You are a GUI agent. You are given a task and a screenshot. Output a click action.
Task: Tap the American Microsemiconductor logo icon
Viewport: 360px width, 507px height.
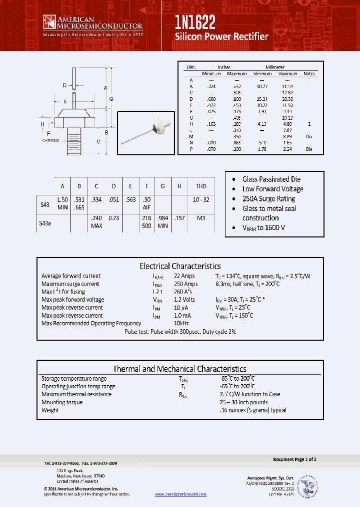pyautogui.click(x=48, y=22)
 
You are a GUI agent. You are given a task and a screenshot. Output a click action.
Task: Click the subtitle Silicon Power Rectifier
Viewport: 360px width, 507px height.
pyautogui.click(x=221, y=37)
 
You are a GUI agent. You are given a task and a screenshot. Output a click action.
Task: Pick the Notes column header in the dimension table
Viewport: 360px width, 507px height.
pyautogui.click(x=309, y=74)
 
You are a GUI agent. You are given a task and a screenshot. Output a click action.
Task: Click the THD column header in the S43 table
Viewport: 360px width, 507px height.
pyautogui.click(x=201, y=186)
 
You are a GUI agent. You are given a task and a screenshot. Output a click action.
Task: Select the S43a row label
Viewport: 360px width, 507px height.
pyautogui.click(x=45, y=224)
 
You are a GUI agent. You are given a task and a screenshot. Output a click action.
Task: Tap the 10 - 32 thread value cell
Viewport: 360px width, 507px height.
pyautogui.click(x=200, y=199)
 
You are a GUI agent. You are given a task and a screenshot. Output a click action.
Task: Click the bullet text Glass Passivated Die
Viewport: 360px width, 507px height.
pyautogui.click(x=271, y=179)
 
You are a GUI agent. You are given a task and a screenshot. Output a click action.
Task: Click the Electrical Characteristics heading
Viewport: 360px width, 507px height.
pyautogui.click(x=180, y=266)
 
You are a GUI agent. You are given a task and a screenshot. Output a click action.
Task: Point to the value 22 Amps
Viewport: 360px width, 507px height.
pyautogui.click(x=184, y=276)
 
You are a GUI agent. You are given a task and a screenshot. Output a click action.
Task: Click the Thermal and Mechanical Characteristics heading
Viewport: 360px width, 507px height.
pyautogui.click(x=179, y=369)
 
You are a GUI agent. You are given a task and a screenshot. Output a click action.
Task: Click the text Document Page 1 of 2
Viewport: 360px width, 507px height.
pyautogui.click(x=294, y=459)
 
